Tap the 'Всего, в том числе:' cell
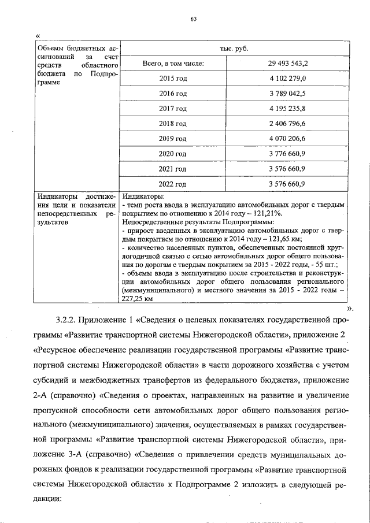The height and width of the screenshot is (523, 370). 173,63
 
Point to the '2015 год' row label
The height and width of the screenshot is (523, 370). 173,78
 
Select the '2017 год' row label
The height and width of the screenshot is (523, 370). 173,108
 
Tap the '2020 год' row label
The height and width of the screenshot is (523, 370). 173,154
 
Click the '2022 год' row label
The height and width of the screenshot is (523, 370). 173,184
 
